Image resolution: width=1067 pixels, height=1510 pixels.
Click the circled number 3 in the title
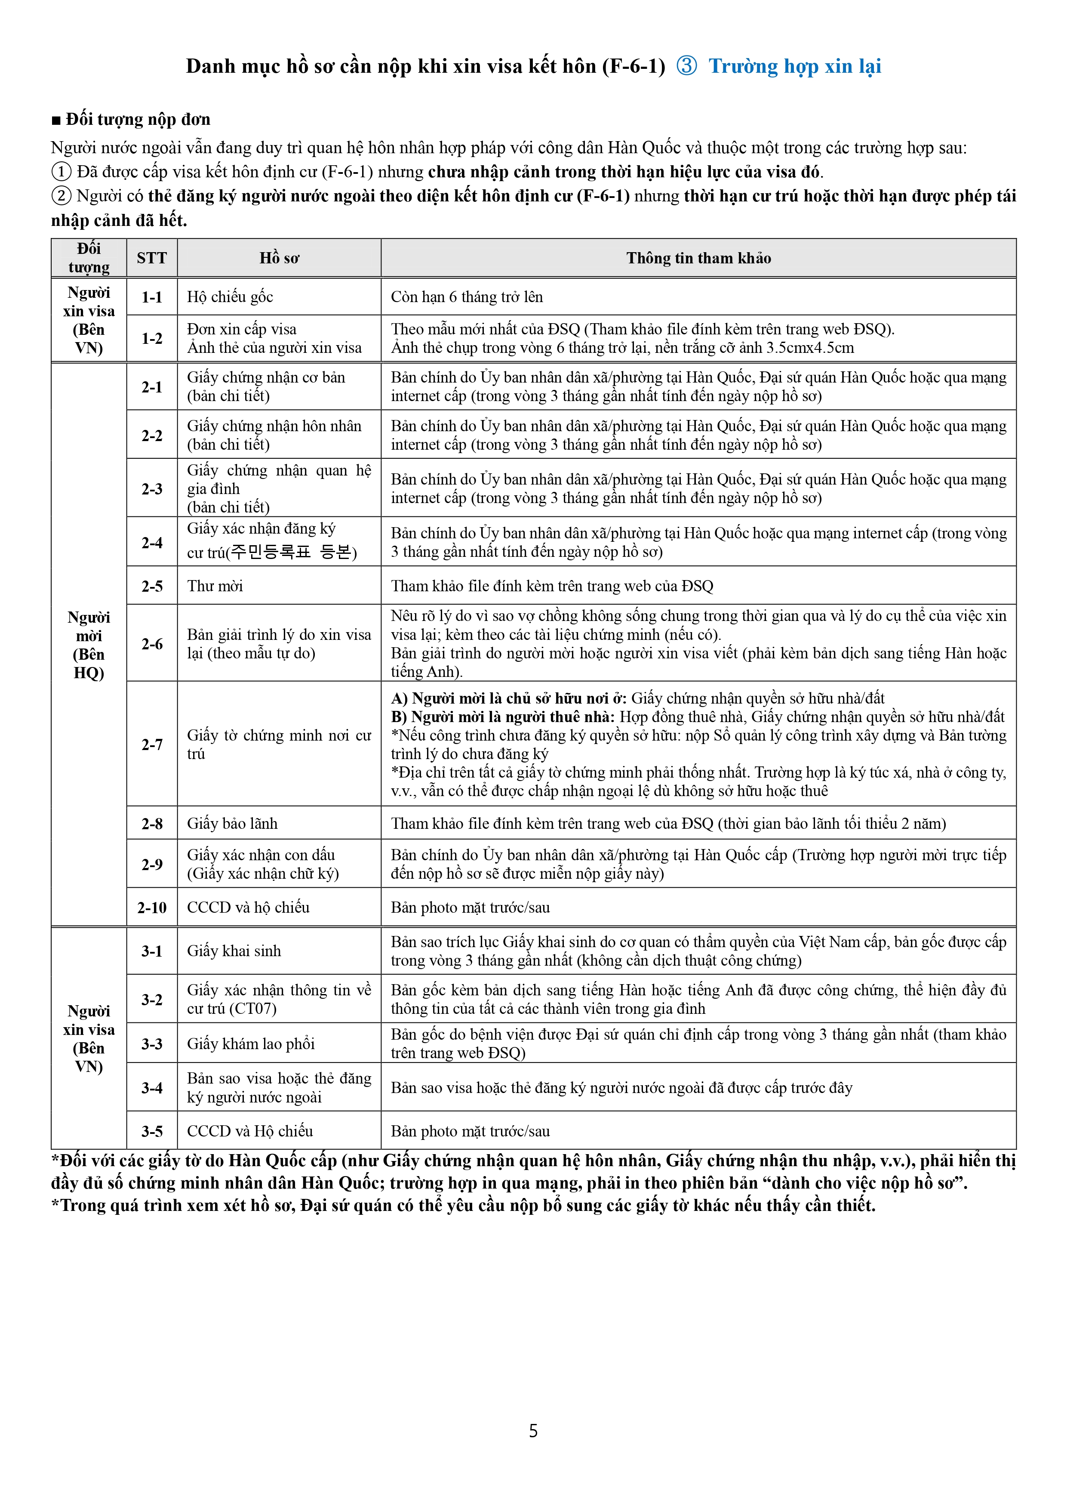point(686,66)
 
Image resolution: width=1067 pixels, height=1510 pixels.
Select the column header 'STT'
point(152,258)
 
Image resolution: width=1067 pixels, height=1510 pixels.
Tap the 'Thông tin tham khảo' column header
point(698,258)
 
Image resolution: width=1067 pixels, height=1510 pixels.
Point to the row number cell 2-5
point(152,586)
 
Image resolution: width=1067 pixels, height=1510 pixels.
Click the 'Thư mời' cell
point(215,586)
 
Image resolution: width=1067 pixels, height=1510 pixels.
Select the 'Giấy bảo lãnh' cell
point(232,823)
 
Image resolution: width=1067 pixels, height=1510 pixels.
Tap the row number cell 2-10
point(152,908)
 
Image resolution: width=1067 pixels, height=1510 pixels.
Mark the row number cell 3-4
point(152,1088)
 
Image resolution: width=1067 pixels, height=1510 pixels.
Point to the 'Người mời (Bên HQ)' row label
point(89,645)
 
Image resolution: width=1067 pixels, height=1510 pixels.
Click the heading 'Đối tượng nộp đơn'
point(137,120)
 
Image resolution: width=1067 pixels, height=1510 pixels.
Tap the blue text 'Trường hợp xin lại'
point(795,66)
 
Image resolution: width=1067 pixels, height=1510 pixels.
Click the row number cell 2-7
point(152,744)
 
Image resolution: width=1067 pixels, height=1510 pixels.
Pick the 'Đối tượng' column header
point(89,258)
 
